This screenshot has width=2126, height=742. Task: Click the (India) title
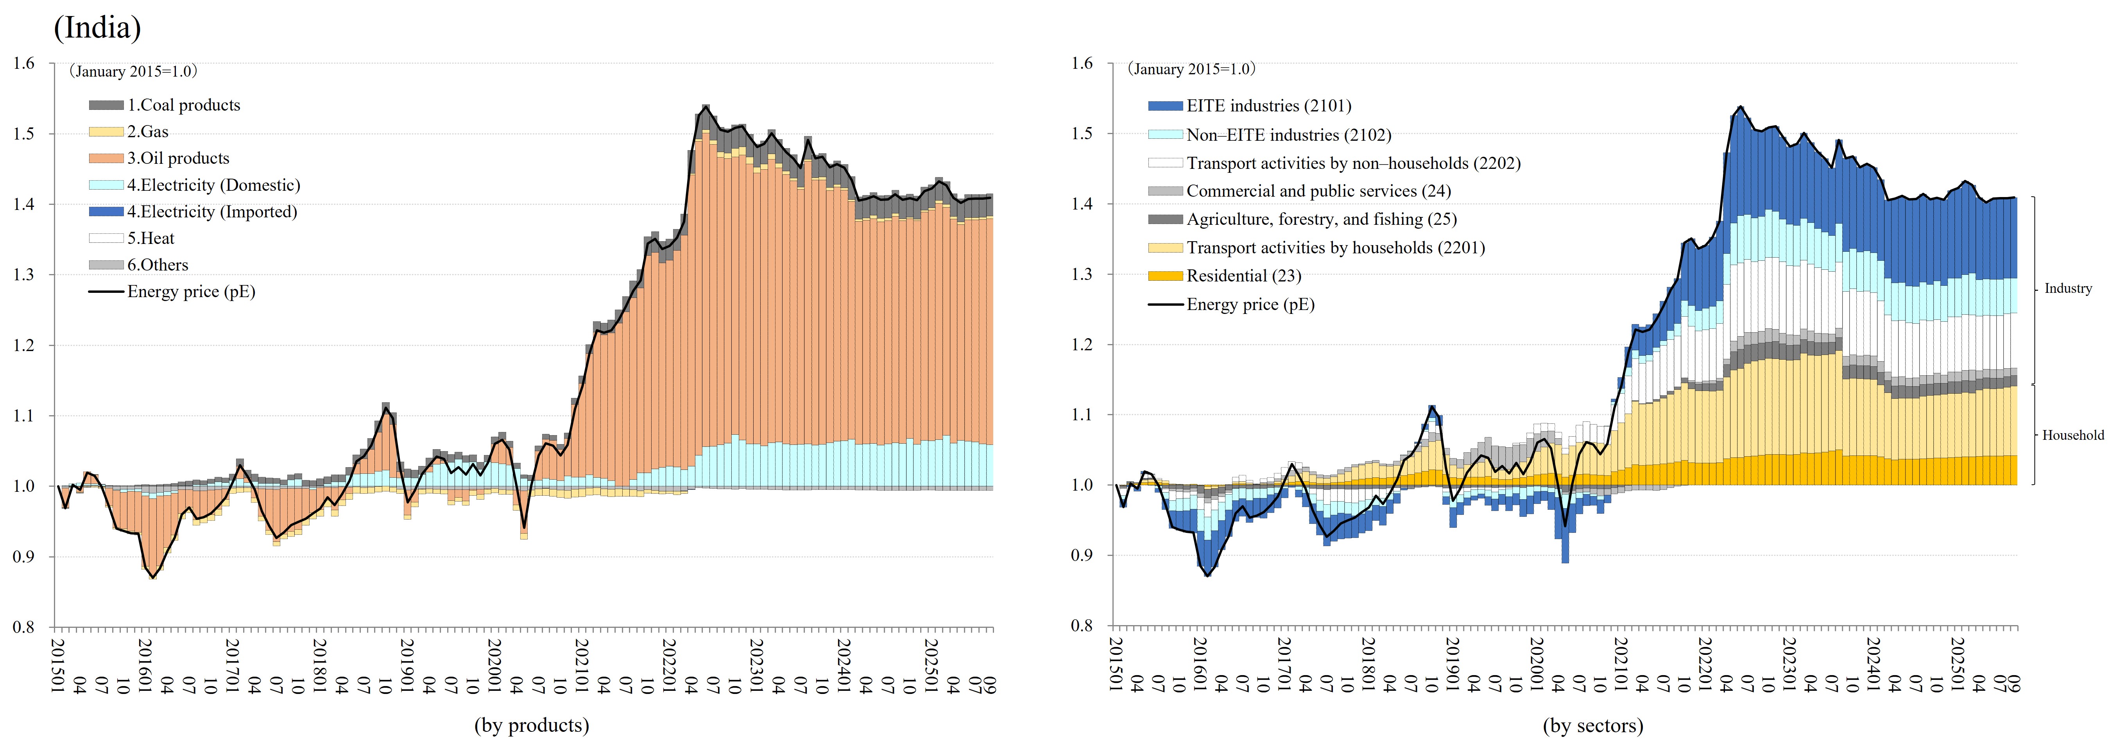click(x=97, y=28)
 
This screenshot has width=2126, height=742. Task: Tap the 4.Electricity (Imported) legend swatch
click(x=106, y=212)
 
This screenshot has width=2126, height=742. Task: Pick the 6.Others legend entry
click(x=157, y=265)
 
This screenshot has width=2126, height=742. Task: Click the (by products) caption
click(x=532, y=726)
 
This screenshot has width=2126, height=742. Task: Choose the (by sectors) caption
click(x=1593, y=726)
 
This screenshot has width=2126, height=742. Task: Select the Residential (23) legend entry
click(x=1227, y=276)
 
